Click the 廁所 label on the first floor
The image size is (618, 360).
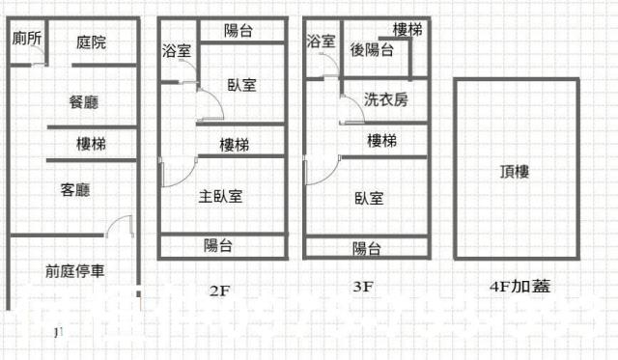pos(27,39)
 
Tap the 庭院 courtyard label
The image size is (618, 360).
pos(91,42)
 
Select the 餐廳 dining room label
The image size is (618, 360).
pos(84,101)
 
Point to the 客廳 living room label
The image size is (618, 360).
pos(74,190)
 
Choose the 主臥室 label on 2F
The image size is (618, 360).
pos(220,196)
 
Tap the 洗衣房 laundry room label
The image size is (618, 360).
pos(385,99)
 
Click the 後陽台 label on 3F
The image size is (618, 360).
pos(371,50)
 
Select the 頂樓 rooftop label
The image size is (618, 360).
pos(514,172)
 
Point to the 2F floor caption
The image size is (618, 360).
pos(218,287)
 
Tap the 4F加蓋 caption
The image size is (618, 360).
pos(515,287)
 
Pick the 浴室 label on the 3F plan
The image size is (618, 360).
pos(322,42)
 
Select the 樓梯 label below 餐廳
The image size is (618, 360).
pos(92,144)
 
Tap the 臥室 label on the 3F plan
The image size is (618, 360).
pos(369,198)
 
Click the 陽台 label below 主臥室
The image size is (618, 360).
pos(217,245)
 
